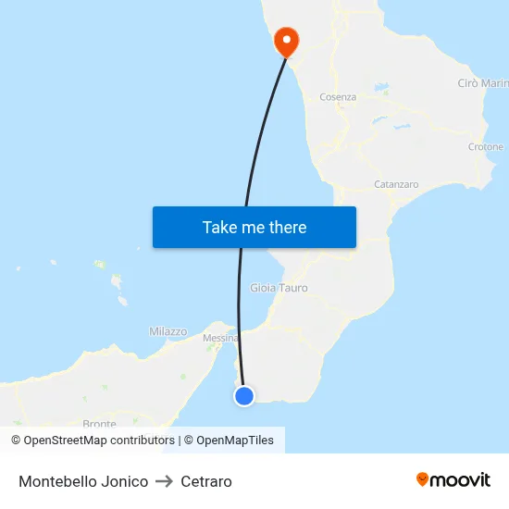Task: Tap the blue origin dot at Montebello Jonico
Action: click(244, 396)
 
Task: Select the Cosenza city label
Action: click(338, 97)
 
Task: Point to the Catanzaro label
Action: click(396, 184)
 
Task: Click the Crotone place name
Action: click(486, 147)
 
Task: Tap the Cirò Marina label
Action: click(481, 84)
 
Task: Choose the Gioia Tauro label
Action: click(279, 288)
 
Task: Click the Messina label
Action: click(220, 338)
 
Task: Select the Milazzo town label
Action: click(168, 331)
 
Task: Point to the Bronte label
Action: click(99, 424)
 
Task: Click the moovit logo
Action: click(453, 479)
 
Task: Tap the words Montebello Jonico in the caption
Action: click(83, 481)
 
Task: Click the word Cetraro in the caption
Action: click(206, 481)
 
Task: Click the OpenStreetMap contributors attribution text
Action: click(93, 441)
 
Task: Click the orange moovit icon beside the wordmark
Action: click(423, 479)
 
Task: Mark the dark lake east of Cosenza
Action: click(381, 90)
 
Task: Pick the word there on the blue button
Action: click(286, 228)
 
